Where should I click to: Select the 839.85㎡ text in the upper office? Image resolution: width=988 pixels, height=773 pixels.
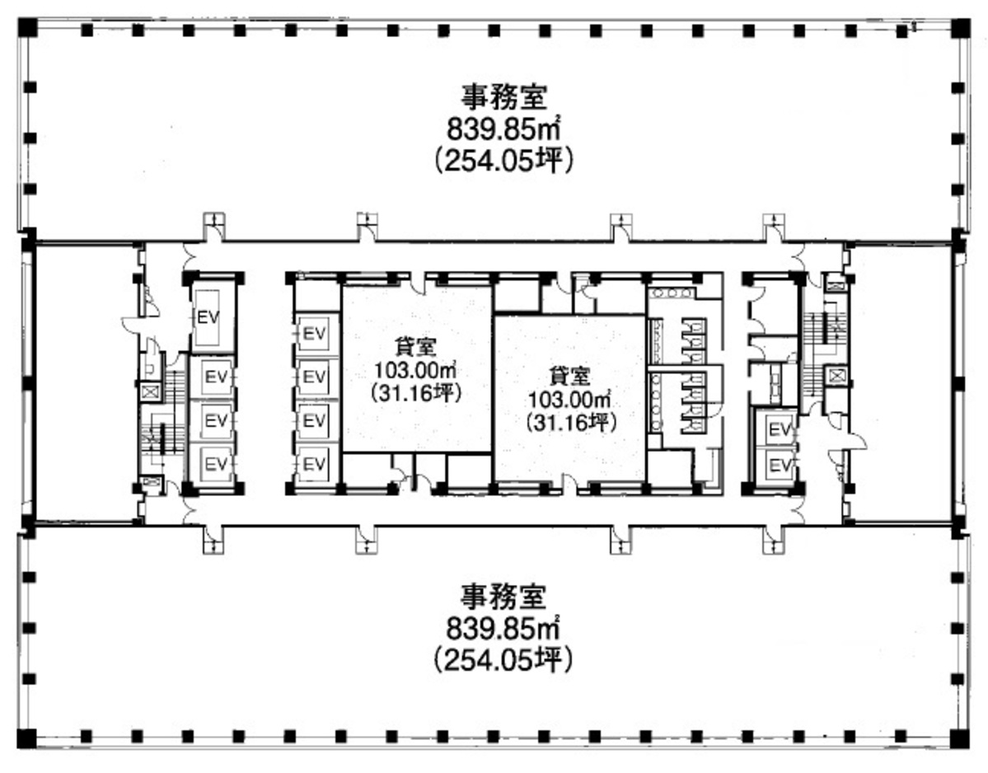(x=504, y=129)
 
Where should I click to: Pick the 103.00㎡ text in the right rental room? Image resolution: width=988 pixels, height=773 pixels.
(x=571, y=399)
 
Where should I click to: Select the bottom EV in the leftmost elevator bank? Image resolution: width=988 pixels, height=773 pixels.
(x=215, y=463)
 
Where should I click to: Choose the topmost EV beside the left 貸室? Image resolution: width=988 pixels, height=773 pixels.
(x=314, y=334)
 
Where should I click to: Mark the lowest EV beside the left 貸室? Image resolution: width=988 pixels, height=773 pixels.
(x=314, y=463)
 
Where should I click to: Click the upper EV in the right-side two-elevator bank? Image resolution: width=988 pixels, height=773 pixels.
(x=778, y=429)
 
